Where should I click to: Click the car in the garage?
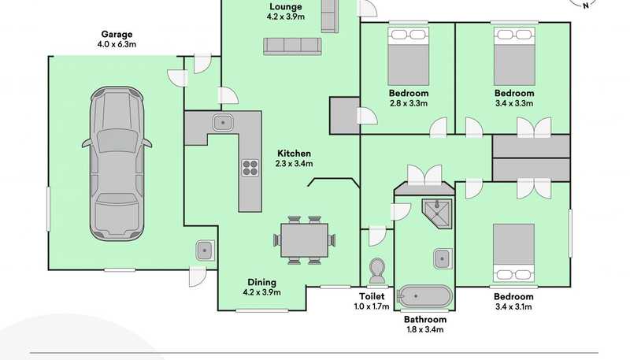[x=117, y=164]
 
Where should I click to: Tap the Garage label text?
[x=117, y=34]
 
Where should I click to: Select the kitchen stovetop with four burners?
[x=250, y=168]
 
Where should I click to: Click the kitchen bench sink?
[x=223, y=122]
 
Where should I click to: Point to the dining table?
[x=305, y=240]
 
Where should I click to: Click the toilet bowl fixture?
[x=377, y=271]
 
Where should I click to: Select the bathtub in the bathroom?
[x=424, y=296]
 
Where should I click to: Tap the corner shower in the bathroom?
[x=437, y=213]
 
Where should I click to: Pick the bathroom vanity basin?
[x=443, y=258]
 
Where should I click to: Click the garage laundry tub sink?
[x=205, y=251]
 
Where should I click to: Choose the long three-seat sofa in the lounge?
[x=292, y=46]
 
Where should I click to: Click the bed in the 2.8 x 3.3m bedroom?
[x=408, y=56]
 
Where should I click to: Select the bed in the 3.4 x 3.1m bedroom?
[x=514, y=252]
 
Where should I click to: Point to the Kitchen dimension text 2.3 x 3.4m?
[x=294, y=164]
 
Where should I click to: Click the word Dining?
[x=261, y=282]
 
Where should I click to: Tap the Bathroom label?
[x=425, y=319]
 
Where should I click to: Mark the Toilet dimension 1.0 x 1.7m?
[x=372, y=306]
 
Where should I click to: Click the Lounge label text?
[x=286, y=6]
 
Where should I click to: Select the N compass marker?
[x=585, y=6]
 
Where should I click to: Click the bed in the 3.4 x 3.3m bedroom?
[x=514, y=56]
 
